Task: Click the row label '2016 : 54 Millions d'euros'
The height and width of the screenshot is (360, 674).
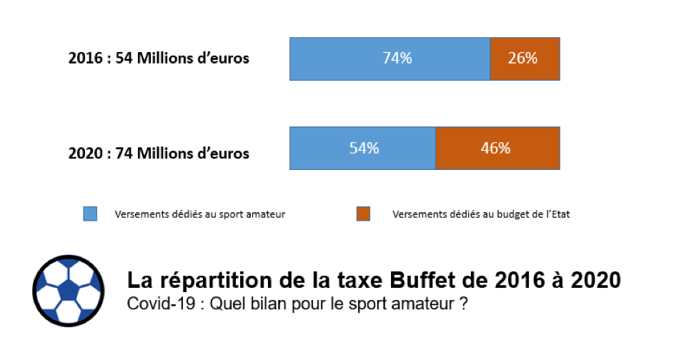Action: pos(159,59)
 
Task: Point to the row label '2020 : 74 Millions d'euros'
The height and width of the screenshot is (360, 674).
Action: pos(159,152)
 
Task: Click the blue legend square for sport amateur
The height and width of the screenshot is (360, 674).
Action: pos(90,214)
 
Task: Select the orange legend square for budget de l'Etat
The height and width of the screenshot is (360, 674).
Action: pos(363,214)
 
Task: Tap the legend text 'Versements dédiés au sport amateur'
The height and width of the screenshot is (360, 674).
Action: pos(200,214)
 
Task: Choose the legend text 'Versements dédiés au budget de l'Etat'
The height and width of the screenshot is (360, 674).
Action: pos(481,214)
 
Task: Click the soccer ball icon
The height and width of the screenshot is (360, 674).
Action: pos(68,289)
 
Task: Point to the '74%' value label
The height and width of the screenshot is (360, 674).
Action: pos(397,59)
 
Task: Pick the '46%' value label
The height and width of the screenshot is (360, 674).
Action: pos(495,149)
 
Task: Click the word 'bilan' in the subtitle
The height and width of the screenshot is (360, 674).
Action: pos(262,304)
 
